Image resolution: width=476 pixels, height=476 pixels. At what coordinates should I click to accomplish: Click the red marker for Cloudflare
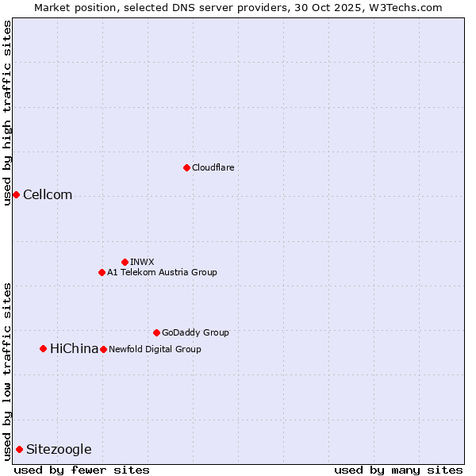coord(186,167)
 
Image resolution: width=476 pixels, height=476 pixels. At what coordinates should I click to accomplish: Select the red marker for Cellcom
coord(16,195)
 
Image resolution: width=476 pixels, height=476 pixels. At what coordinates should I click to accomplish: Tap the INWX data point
coord(125,262)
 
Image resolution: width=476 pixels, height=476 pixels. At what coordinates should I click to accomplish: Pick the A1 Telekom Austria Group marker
coord(102,272)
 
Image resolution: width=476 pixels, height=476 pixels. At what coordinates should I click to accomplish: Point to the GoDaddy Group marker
coord(156,332)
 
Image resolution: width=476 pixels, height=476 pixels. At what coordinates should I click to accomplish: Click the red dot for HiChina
coord(43,348)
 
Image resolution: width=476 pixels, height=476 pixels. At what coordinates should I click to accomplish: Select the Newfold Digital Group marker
coord(103,349)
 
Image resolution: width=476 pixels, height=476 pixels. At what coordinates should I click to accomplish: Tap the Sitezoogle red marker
coord(19,450)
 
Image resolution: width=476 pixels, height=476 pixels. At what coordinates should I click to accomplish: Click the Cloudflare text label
coord(213,167)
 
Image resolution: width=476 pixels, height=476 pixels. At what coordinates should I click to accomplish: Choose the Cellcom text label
coord(48,195)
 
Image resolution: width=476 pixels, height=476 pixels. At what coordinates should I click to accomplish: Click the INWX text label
coord(142,262)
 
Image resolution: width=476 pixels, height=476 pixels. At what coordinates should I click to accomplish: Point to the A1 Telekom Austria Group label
coord(162,272)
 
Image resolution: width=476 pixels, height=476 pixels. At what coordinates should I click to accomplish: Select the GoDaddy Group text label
coord(195,332)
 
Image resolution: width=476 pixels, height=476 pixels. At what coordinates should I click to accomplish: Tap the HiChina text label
coord(74,348)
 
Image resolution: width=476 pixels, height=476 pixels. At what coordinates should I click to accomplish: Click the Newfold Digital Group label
coord(155,349)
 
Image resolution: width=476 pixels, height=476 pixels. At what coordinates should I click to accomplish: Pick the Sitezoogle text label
coord(59,450)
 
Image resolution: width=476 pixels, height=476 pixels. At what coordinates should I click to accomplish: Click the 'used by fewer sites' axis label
coord(82,470)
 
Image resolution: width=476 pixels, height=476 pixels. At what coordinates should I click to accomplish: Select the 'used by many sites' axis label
coord(398,470)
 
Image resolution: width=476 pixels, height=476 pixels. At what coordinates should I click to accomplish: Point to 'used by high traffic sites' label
coord(7,113)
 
